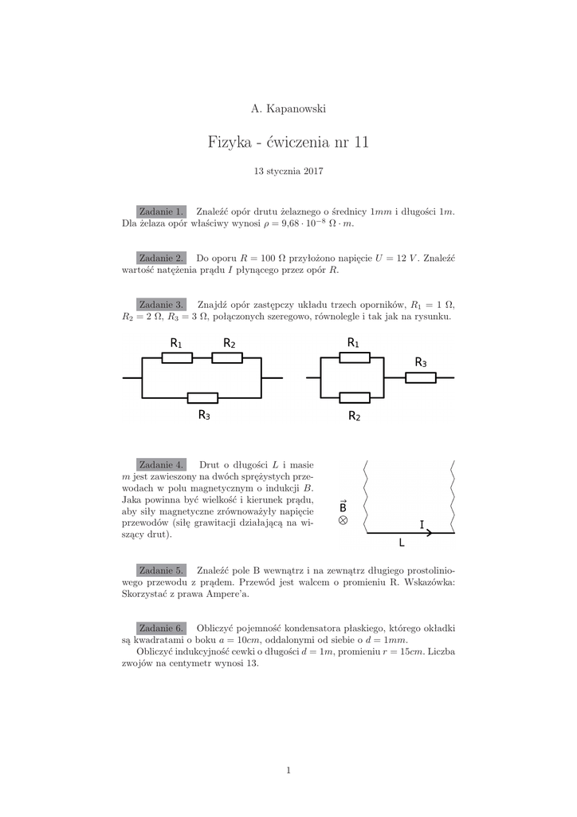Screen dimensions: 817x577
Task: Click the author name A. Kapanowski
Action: click(x=288, y=109)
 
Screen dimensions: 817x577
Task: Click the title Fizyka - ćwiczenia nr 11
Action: click(x=288, y=143)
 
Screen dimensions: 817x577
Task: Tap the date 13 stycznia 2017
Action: click(x=288, y=171)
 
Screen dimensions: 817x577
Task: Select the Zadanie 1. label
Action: click(x=162, y=211)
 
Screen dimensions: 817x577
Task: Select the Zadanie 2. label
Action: click(x=162, y=258)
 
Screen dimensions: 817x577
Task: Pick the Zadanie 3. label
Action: click(x=162, y=304)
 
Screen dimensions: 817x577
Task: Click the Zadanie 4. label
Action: click(x=162, y=464)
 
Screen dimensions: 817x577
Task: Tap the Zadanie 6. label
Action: click(x=162, y=628)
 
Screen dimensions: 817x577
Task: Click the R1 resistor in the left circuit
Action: click(x=177, y=357)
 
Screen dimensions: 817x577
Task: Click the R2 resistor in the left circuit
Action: click(x=228, y=357)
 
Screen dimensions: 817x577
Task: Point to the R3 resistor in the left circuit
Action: click(x=202, y=397)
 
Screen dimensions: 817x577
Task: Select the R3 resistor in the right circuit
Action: click(x=420, y=377)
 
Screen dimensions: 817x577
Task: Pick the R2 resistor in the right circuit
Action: click(x=354, y=397)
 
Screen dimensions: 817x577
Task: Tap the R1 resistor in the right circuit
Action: click(x=354, y=357)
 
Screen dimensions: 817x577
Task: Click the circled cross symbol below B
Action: click(x=343, y=520)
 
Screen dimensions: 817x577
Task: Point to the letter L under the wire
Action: click(x=402, y=543)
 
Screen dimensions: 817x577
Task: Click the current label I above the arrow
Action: click(x=422, y=523)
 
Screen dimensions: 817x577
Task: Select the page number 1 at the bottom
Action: click(x=288, y=769)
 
